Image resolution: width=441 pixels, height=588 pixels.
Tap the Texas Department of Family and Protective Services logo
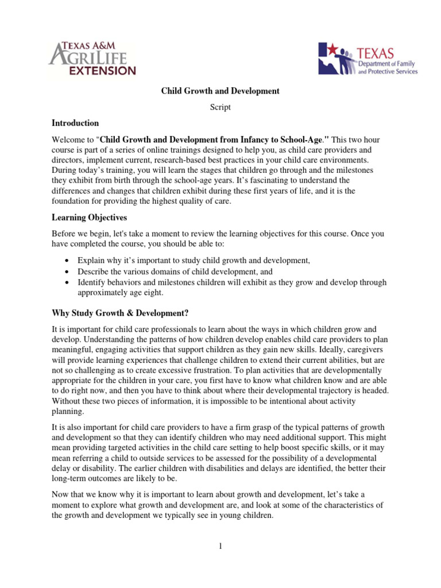pos(368,58)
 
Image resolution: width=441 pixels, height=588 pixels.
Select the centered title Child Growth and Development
pos(220,91)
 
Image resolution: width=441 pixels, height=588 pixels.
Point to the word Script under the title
pos(220,107)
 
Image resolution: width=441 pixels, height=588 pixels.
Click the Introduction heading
pos(75,123)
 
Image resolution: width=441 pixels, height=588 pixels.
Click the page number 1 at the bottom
pos(220,546)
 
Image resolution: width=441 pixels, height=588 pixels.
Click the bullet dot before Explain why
pos(68,261)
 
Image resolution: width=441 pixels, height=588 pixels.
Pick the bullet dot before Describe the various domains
pos(68,272)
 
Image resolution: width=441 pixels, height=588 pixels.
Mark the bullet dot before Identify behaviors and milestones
pos(68,283)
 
